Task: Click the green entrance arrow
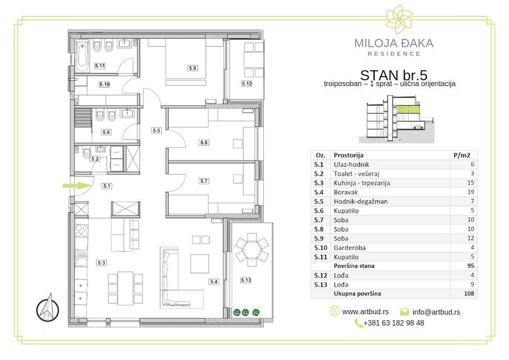[76, 186]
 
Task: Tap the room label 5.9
[192, 68]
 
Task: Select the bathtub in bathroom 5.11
[82, 56]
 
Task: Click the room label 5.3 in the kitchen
[101, 263]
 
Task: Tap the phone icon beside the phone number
[358, 323]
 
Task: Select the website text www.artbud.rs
[365, 312]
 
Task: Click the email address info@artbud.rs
[436, 312]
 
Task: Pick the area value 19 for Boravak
[471, 192]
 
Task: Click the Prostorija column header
[348, 155]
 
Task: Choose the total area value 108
[469, 294]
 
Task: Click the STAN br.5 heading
[394, 75]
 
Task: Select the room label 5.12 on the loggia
[247, 84]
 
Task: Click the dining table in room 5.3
[125, 288]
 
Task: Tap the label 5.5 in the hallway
[156, 130]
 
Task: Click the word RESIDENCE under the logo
[394, 54]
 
